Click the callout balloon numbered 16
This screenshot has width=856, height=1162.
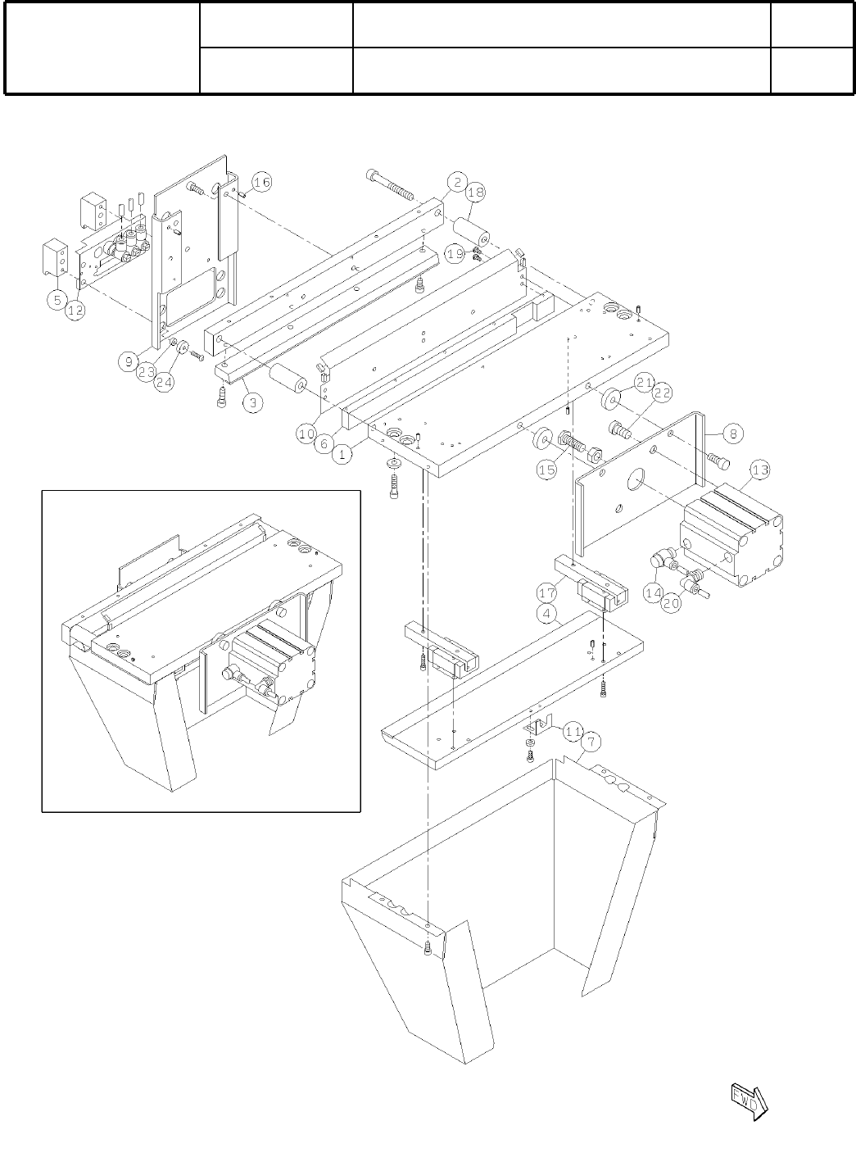click(x=260, y=183)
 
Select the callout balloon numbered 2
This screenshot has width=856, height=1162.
click(x=457, y=182)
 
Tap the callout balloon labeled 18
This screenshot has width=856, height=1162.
click(x=475, y=193)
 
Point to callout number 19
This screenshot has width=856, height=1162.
click(x=455, y=255)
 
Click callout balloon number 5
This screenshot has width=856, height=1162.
click(x=57, y=301)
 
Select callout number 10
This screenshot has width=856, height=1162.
click(x=306, y=433)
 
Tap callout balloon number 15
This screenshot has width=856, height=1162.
click(x=546, y=470)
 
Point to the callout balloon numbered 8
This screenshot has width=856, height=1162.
click(x=733, y=433)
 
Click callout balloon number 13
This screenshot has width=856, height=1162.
click(x=760, y=470)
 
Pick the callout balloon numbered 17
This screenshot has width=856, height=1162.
click(x=547, y=592)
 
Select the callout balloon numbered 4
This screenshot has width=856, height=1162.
click(x=547, y=612)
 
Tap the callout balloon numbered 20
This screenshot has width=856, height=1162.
click(x=671, y=603)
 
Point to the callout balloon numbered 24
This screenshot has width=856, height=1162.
click(x=165, y=381)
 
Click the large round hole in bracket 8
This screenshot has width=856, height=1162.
click(x=636, y=484)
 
